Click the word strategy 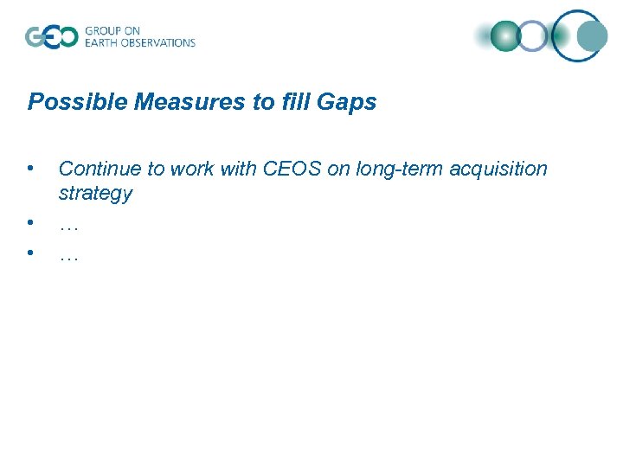pos(95,194)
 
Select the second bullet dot pos(30,222)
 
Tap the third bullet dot pos(30,253)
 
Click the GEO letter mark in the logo pos(51,36)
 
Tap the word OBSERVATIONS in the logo pos(162,42)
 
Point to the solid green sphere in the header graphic pos(504,36)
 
